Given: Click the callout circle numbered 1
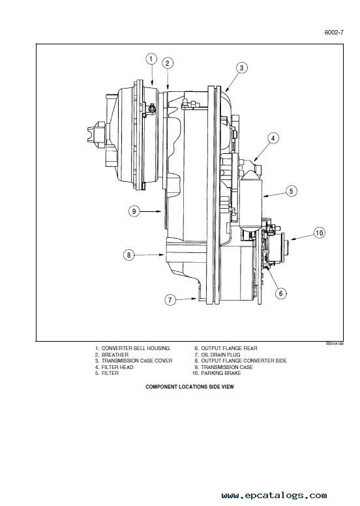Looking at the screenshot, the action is (x=151, y=59).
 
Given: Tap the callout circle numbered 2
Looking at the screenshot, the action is (x=167, y=63).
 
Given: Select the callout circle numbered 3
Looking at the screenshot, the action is (x=241, y=68).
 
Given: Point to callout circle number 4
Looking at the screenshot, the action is (x=273, y=138).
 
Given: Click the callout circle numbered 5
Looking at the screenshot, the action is (x=292, y=191).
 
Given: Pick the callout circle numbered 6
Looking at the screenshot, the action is (x=281, y=293).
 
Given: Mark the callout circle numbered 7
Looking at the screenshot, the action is (x=170, y=300).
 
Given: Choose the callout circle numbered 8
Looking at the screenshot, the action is (x=129, y=255).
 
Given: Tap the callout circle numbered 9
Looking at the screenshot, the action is (x=134, y=211).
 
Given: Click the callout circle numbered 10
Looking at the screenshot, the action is (x=320, y=233).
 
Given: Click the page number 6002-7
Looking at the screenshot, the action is (x=334, y=32).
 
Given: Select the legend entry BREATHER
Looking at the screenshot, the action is (x=115, y=355).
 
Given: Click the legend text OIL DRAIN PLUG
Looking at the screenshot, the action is (x=220, y=355).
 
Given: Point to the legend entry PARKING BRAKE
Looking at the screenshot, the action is (x=221, y=373).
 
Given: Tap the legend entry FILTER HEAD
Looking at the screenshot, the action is (x=117, y=367).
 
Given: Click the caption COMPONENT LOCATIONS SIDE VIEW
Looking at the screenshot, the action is (x=190, y=387).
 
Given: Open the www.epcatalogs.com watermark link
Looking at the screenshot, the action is (x=274, y=496).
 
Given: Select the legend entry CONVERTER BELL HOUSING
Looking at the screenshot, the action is (x=135, y=348).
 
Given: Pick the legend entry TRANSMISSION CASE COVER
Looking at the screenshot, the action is (x=137, y=361).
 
